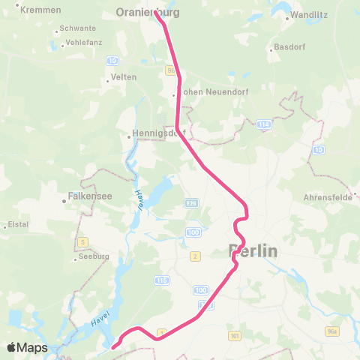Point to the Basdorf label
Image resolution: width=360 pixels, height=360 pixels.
click(286, 50)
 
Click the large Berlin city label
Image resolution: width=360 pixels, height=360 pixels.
click(253, 251)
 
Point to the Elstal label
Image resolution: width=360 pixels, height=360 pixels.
click(17, 224)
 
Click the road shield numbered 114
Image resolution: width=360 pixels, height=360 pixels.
click(263, 124)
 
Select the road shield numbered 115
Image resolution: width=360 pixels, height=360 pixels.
click(160, 280)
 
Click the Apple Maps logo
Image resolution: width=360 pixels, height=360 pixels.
click(28, 347)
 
